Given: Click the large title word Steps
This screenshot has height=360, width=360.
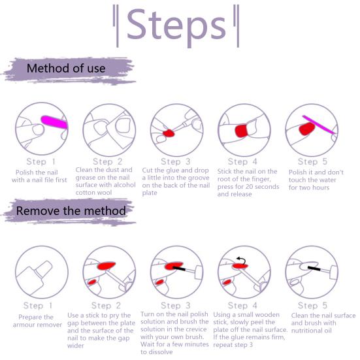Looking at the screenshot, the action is (176, 26).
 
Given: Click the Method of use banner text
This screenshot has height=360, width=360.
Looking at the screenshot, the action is (66, 69).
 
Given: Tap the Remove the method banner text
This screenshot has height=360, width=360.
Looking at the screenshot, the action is (71, 211).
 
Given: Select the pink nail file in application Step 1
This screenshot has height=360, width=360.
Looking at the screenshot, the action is (54, 122).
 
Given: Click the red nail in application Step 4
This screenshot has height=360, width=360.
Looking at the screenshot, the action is (241, 131).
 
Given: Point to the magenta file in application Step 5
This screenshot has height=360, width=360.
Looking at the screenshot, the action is (318, 124).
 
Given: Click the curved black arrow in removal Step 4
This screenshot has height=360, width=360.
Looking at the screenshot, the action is (241, 261).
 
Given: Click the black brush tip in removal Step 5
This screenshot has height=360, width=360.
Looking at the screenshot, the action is (314, 268).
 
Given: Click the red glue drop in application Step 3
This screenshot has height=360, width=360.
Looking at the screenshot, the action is (169, 133).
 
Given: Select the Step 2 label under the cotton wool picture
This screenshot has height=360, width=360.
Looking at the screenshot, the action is (107, 161).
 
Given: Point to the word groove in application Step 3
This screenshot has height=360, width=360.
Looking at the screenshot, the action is (198, 178).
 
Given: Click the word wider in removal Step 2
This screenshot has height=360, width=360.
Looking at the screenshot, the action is (76, 346).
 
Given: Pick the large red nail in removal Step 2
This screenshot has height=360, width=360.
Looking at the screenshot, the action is (106, 266).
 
